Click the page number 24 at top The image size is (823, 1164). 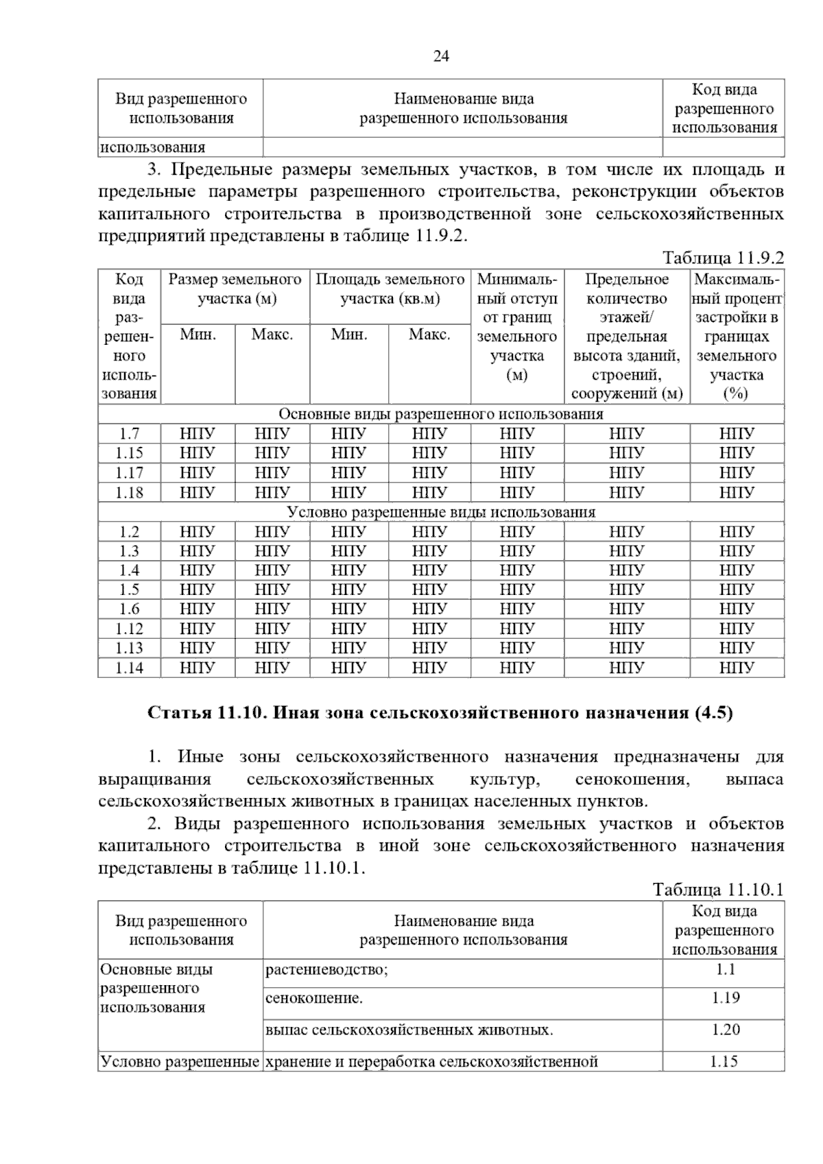441,56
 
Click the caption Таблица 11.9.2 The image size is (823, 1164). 722,258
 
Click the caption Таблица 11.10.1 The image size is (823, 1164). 717,890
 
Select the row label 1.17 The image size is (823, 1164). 129,472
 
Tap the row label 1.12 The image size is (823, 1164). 129,629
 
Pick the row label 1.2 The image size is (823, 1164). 129,531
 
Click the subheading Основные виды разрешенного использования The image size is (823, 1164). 440,414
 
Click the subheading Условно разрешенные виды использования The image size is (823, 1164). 440,512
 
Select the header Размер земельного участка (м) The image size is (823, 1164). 235,289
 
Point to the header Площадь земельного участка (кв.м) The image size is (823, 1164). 390,289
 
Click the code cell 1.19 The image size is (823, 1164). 724,997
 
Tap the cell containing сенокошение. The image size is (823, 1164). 313,998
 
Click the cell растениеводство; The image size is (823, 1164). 326,969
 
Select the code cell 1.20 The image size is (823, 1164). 724,1029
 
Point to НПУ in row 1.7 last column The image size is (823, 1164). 737,434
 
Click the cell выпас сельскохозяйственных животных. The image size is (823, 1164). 409,1030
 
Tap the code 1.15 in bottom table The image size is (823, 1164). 724,1062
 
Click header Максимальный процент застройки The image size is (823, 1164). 737,336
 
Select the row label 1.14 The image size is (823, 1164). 129,668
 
